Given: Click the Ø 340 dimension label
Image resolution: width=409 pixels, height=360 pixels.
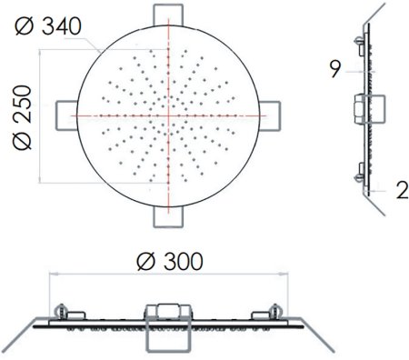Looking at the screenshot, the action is (48, 26).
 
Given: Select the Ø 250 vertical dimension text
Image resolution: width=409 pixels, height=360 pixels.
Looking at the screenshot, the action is (23, 117).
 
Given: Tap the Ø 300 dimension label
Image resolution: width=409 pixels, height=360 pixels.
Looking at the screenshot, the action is (170, 262).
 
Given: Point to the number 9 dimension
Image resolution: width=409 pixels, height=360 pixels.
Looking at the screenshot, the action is (335, 69).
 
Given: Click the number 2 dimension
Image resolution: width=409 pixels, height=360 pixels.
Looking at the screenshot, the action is (403, 191).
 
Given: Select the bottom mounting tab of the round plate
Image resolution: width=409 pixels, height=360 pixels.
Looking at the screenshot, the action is (168, 216).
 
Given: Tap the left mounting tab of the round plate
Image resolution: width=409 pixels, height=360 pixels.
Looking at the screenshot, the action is (66, 116).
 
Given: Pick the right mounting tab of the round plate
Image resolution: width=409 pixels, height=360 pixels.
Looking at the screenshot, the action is (270, 116).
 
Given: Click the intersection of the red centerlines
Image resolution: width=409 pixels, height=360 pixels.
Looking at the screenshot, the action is (168, 115).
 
